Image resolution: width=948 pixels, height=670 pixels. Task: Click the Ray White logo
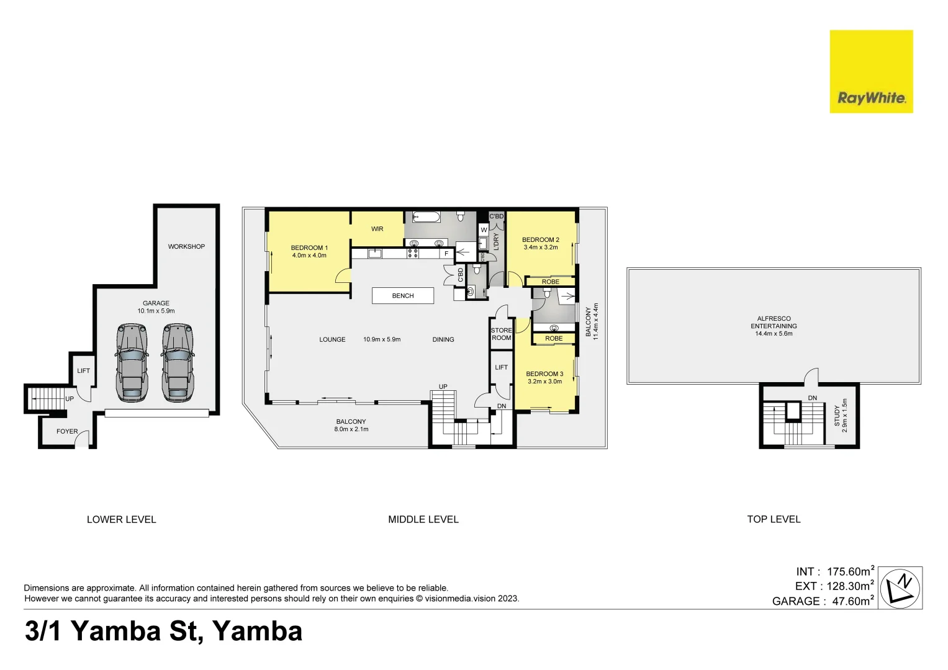(871, 72)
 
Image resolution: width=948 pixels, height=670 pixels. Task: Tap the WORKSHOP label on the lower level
(186, 247)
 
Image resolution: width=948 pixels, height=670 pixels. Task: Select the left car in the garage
(132, 362)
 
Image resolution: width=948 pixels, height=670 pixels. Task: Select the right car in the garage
(178, 362)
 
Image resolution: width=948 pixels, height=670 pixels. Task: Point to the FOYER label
(67, 432)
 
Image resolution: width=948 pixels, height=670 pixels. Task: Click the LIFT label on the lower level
(83, 371)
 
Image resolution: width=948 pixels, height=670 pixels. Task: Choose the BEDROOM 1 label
(309, 248)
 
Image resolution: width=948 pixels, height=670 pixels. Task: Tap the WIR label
(377, 230)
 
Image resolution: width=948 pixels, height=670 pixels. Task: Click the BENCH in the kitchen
(402, 296)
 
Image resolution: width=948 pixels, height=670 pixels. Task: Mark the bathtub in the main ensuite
(427, 217)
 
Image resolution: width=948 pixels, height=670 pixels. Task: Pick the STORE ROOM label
(501, 334)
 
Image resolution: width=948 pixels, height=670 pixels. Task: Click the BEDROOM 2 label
(540, 240)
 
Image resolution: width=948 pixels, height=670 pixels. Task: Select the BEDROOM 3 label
(544, 374)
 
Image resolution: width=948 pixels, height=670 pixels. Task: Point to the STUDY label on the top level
(837, 416)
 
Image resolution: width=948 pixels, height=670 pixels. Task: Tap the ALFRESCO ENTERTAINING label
(774, 323)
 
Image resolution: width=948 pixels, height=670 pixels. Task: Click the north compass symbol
(901, 587)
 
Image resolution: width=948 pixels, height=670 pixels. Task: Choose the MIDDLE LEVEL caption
(423, 520)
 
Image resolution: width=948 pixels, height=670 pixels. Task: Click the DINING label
(443, 340)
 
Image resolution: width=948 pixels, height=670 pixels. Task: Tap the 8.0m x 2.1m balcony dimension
(351, 429)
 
